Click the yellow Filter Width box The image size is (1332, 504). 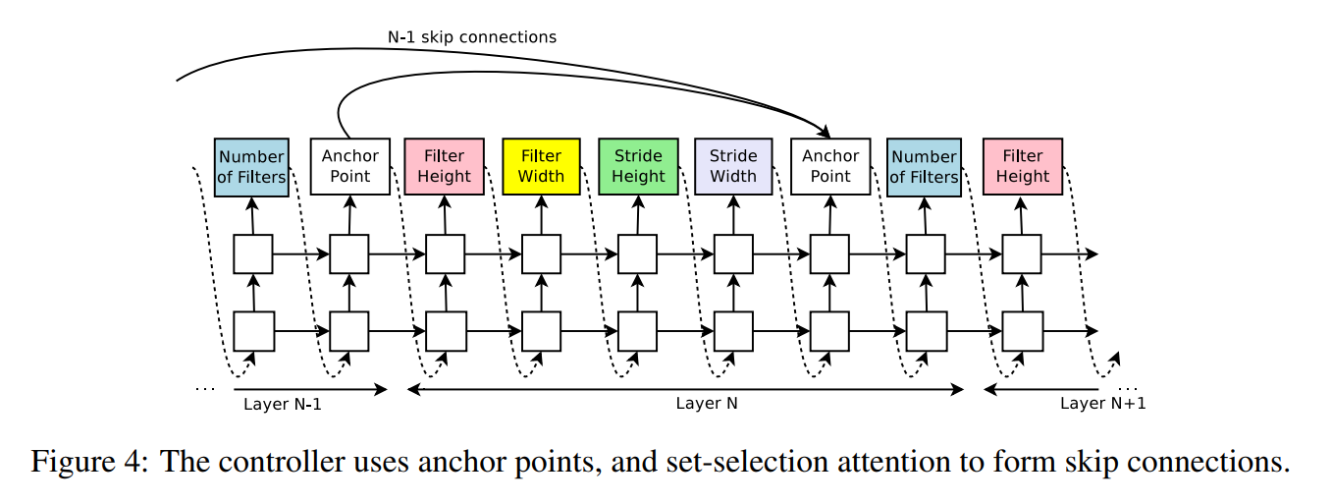(541, 167)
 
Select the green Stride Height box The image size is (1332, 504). (638, 167)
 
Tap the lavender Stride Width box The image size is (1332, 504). (733, 167)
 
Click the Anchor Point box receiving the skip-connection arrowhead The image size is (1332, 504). (830, 167)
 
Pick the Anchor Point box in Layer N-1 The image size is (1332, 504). (350, 167)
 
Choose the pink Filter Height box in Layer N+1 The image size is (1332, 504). (1022, 167)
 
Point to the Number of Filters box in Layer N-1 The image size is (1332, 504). (251, 167)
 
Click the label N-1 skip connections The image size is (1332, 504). (472, 37)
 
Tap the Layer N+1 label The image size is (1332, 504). (1102, 404)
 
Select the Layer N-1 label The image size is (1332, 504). (283, 405)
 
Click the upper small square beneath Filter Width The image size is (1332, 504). (541, 254)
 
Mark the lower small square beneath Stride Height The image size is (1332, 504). (637, 331)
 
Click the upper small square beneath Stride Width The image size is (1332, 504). (733, 254)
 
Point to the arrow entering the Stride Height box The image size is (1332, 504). (638, 215)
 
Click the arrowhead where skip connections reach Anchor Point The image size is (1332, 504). (826, 132)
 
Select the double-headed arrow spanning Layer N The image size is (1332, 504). (685, 390)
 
